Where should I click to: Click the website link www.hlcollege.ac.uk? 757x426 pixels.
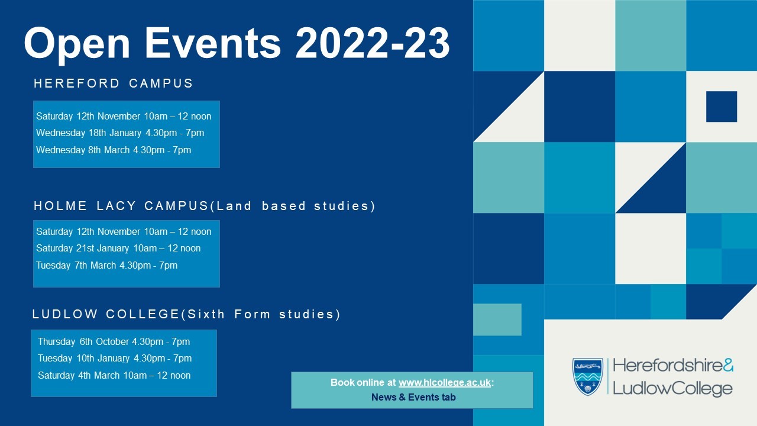click(x=444, y=382)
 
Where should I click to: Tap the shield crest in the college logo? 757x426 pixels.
click(x=588, y=377)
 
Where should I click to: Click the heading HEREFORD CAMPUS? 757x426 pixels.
click(x=113, y=83)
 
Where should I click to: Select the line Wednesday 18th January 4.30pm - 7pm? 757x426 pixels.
click(x=120, y=133)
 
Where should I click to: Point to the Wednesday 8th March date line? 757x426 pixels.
click(x=114, y=150)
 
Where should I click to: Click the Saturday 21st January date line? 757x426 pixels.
click(x=118, y=248)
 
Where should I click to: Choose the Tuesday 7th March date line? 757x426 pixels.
click(x=107, y=265)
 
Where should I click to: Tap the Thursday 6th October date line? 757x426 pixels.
click(x=114, y=341)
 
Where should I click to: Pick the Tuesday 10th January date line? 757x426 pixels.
click(x=115, y=358)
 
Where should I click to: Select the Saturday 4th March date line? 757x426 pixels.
click(x=114, y=375)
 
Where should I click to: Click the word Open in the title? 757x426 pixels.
click(x=77, y=44)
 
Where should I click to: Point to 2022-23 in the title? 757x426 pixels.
click(x=373, y=43)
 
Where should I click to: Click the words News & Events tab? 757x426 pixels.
click(x=413, y=397)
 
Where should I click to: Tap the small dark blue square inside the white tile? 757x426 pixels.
click(x=722, y=106)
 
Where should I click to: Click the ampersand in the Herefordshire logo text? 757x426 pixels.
click(x=728, y=365)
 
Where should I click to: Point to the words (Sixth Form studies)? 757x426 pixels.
click(x=261, y=314)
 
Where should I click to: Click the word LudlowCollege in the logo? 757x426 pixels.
click(x=672, y=389)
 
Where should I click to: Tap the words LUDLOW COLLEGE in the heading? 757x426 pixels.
click(x=106, y=314)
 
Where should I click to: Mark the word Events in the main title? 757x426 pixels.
click(x=213, y=43)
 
